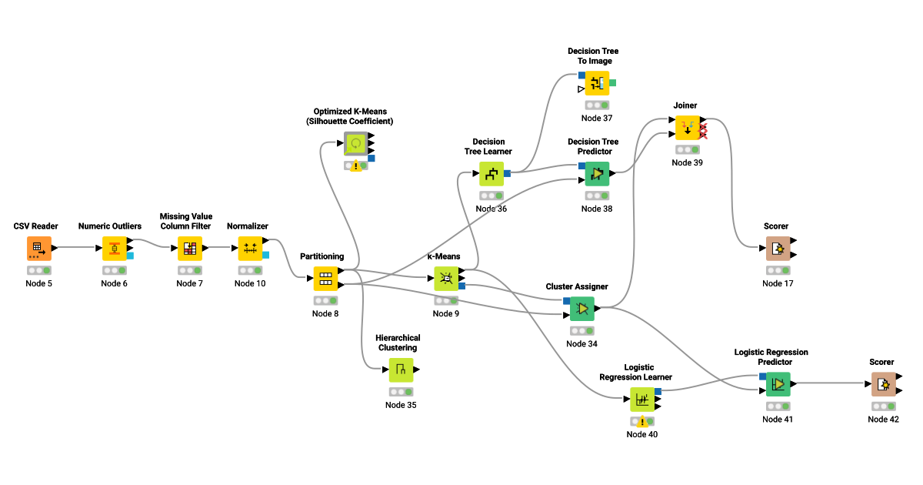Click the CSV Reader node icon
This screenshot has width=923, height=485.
point(37,249)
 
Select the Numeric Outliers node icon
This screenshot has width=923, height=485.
point(114,249)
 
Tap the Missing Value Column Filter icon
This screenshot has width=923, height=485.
point(190,249)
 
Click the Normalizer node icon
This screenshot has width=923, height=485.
point(250,249)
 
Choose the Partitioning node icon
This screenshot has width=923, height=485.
point(325,279)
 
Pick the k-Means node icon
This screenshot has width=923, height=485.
point(445,279)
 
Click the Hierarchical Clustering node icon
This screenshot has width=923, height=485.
point(401,370)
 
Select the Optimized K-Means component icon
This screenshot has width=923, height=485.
point(355,144)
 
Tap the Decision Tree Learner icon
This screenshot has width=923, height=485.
point(491,174)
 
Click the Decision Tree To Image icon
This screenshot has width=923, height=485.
point(597,83)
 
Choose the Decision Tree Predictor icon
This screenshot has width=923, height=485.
point(597,174)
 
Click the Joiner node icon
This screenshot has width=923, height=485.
point(687,128)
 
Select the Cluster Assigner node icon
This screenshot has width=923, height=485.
point(581,309)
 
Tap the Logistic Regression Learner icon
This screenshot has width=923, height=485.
point(642,400)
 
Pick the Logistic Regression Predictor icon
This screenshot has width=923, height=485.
point(778,384)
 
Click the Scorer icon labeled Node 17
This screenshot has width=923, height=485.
point(778,249)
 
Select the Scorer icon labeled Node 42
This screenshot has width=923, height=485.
point(883,384)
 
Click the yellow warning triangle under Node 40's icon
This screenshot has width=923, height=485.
point(642,422)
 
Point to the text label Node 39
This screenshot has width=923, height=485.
point(687,162)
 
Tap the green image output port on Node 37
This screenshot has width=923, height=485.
point(612,82)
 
